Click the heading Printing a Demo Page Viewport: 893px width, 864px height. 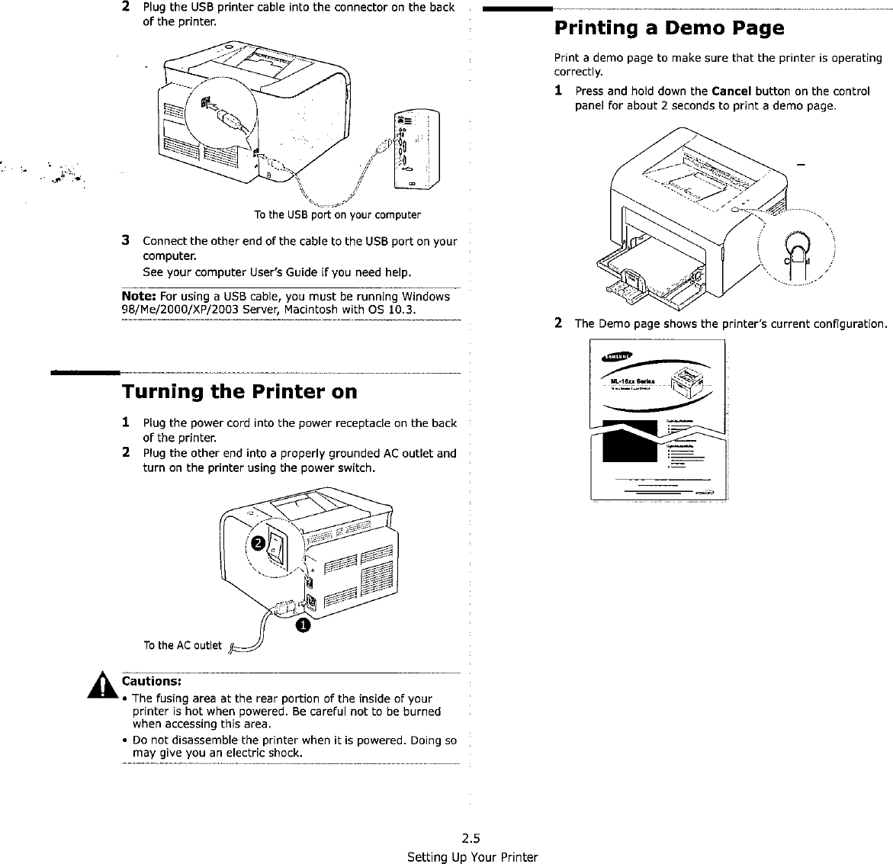tap(668, 29)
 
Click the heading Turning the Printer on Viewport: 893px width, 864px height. tap(239, 392)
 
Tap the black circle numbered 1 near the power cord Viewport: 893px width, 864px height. tap(303, 625)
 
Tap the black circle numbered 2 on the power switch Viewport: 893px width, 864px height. tap(259, 542)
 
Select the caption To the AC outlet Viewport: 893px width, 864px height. tap(182, 646)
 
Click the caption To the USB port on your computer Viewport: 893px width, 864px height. tap(337, 214)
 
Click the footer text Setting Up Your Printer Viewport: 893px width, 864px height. tap(472, 857)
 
